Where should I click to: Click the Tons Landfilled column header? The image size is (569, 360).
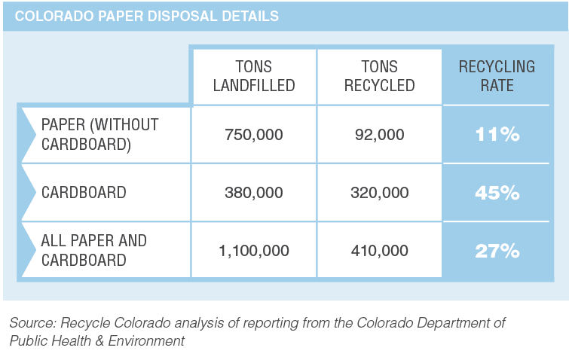coord(253,75)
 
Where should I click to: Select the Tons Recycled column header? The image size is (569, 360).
coord(379,75)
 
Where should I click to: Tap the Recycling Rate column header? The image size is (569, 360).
coord(497,75)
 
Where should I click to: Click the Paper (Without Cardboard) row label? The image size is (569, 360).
coord(99,134)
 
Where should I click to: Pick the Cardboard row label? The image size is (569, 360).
coord(84,192)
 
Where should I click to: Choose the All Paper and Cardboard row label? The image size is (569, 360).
coord(94,250)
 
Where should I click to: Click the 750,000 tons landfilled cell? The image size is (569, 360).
coord(254,135)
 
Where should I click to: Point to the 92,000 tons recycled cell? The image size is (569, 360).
coord(379,135)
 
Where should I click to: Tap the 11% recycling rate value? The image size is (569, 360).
coord(497,135)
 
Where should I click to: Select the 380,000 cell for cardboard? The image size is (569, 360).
coord(254,193)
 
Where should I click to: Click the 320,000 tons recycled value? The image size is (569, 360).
coord(379,193)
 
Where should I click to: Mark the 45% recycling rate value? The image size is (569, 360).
coord(497,193)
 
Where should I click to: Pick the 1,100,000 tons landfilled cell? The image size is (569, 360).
coord(254,250)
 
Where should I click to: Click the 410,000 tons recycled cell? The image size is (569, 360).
coord(379,250)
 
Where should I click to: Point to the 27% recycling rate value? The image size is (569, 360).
coord(497,251)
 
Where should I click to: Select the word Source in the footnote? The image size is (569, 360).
coord(31,322)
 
